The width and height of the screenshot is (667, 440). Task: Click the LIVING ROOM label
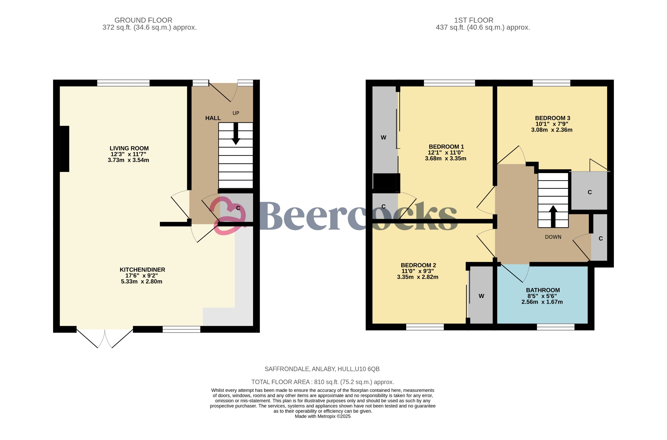click(129, 148)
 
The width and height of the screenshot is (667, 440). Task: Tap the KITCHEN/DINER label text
click(142, 270)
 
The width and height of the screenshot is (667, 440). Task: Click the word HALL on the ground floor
click(213, 118)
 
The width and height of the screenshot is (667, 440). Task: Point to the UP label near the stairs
click(236, 113)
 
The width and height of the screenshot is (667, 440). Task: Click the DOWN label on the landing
click(553, 237)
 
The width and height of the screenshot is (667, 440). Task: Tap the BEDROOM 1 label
click(446, 147)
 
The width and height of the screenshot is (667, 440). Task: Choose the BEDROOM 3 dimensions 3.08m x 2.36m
click(552, 130)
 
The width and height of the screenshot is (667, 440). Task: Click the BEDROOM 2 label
click(418, 265)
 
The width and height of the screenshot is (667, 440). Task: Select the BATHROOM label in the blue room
click(543, 290)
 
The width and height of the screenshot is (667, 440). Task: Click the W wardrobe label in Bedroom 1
click(383, 138)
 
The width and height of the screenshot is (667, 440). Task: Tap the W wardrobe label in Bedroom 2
click(481, 296)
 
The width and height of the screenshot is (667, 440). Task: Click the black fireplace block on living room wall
click(64, 149)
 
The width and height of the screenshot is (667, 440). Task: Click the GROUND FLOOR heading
click(143, 20)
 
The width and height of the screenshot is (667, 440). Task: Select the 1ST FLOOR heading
click(474, 20)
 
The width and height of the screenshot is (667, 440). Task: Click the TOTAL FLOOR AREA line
click(322, 382)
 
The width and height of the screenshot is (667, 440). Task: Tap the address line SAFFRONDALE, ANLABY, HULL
click(322, 369)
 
